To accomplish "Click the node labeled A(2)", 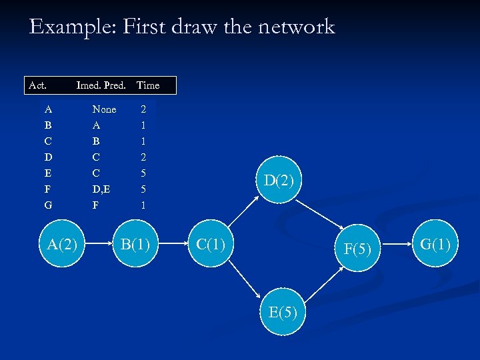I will [x=63, y=245].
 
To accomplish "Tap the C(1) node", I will [x=211, y=245].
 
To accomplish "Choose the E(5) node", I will [x=283, y=312].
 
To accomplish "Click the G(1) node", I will [x=435, y=244].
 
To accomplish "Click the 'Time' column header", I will [x=148, y=85].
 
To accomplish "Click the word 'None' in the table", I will [x=104, y=109].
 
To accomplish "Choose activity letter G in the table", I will [x=48, y=205].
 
